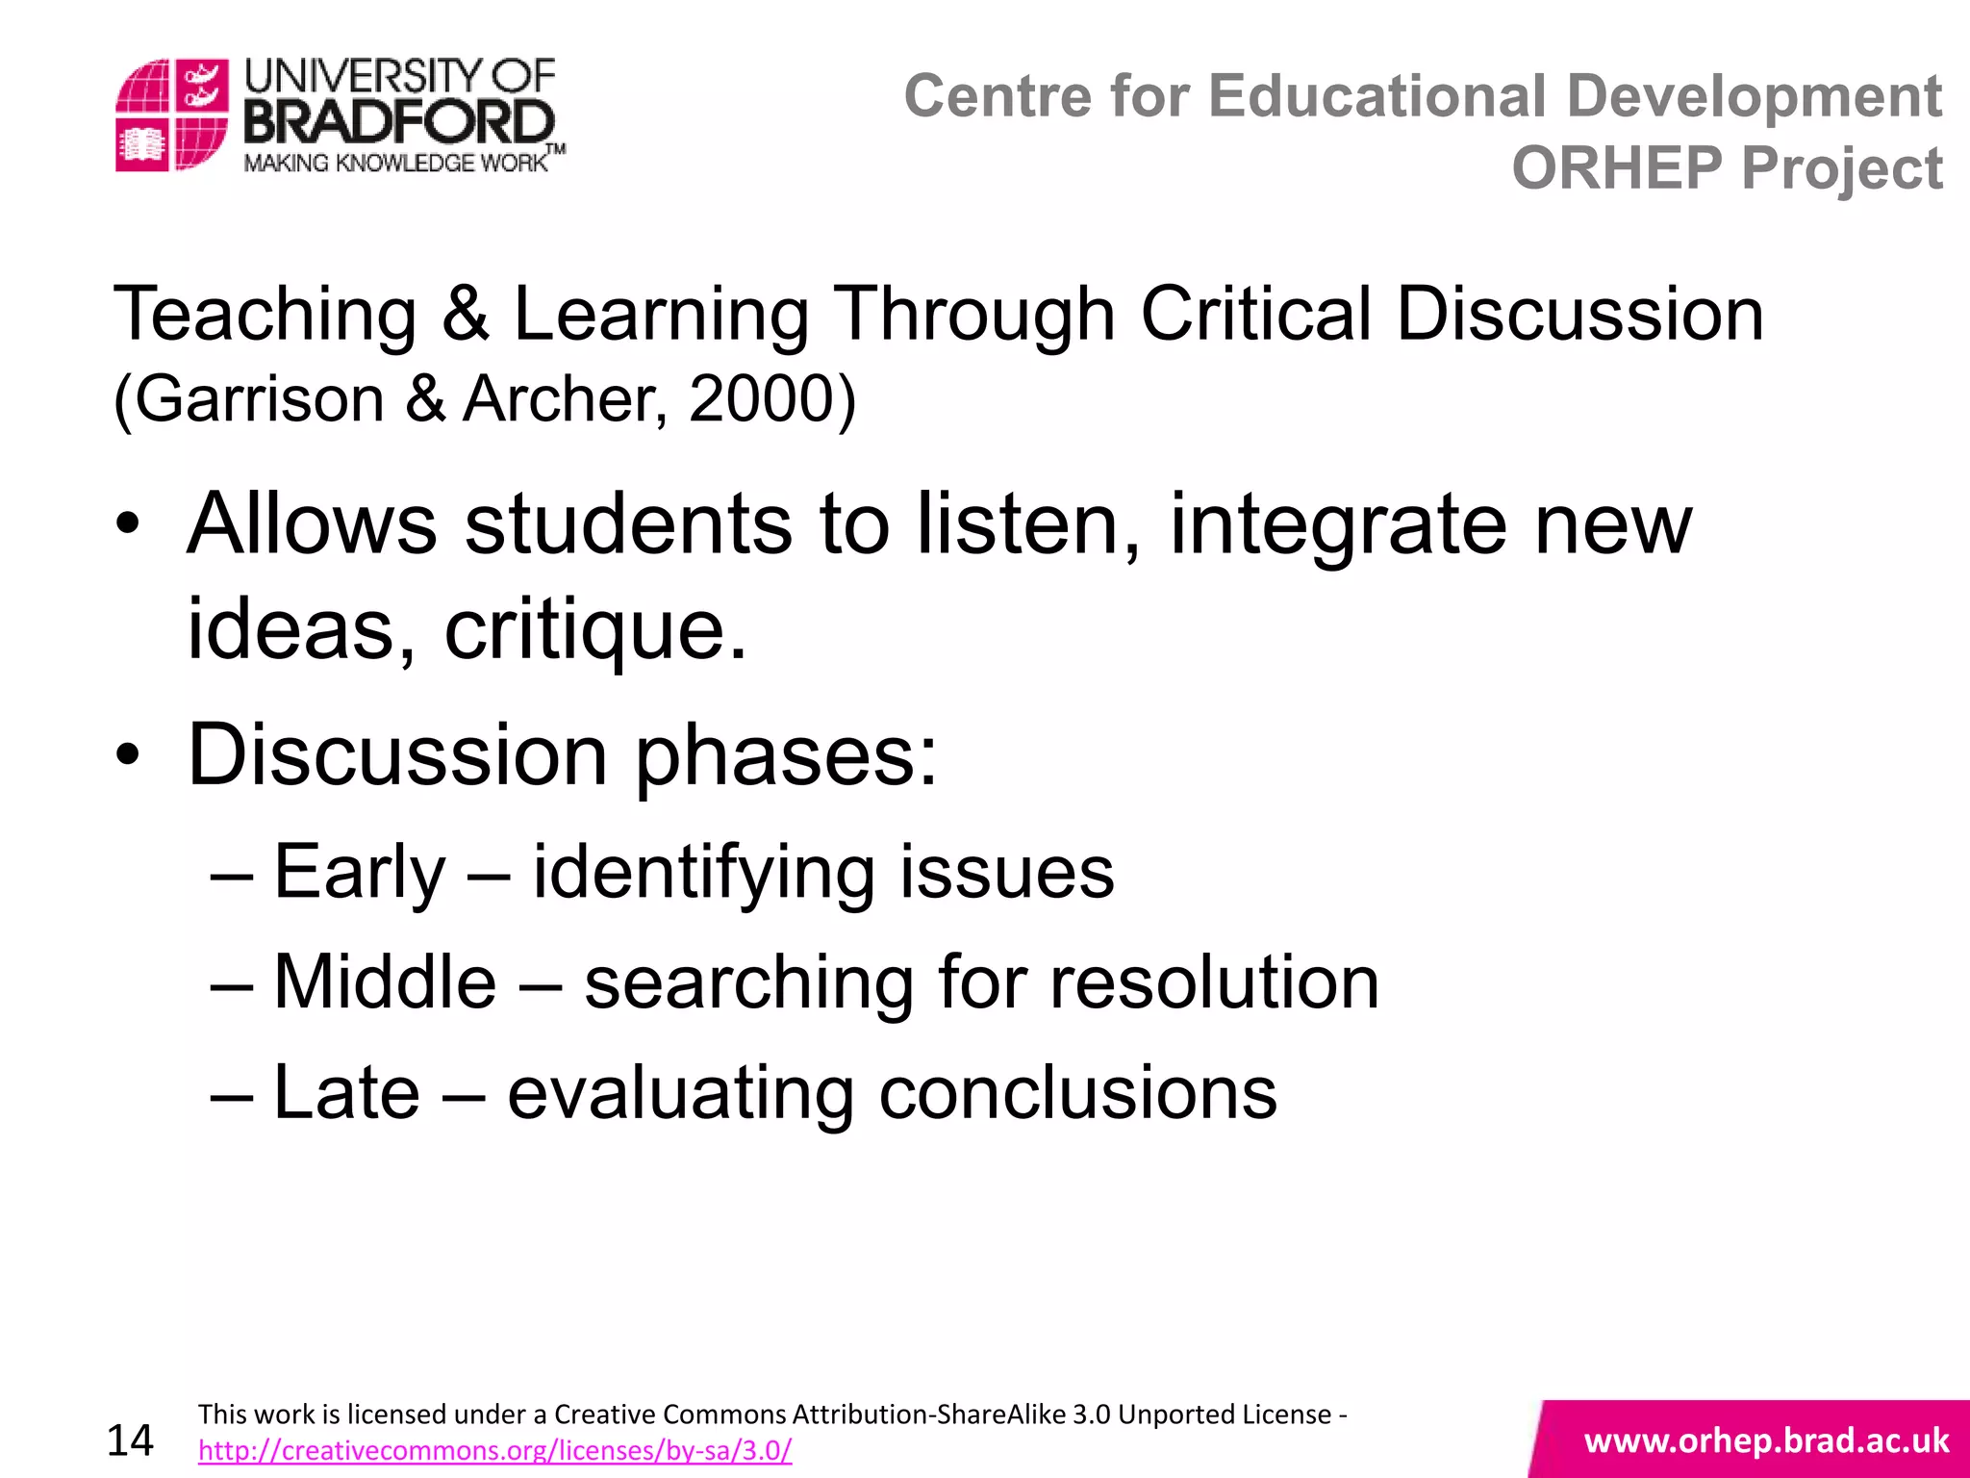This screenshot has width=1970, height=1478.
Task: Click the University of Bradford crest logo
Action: tap(171, 115)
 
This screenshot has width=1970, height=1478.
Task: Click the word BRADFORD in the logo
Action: tap(399, 123)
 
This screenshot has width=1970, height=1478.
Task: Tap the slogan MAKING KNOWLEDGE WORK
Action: tap(394, 163)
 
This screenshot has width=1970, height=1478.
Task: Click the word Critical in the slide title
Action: tap(1256, 314)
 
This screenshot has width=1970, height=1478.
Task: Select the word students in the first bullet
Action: tap(629, 524)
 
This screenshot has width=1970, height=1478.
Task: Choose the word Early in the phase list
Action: tap(360, 873)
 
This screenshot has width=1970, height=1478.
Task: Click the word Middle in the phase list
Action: tap(385, 982)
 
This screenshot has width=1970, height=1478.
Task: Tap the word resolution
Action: tap(1214, 982)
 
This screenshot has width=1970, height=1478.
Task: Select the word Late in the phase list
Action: tap(346, 1093)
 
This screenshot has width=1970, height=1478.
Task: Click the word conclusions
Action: tap(1077, 1093)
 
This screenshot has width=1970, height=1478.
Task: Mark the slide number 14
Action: tap(130, 1440)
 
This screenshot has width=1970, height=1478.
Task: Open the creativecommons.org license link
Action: tap(494, 1450)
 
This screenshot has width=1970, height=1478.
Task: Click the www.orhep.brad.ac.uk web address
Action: tap(1766, 1440)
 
